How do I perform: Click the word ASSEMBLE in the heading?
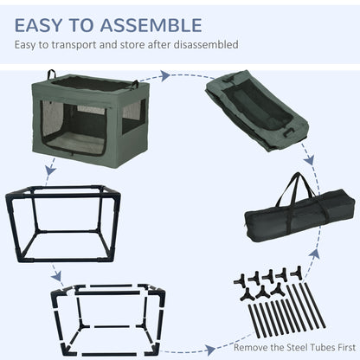tap(151, 25)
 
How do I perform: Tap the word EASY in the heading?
tap(38, 25)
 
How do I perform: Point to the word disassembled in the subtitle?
tap(206, 45)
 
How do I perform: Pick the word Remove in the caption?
tap(251, 347)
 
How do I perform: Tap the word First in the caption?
tap(345, 347)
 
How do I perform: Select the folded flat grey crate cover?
tap(257, 111)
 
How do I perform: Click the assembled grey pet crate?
tap(90, 119)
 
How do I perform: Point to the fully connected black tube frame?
tap(63, 224)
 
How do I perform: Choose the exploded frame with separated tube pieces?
tap(108, 320)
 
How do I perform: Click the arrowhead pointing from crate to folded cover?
tap(165, 76)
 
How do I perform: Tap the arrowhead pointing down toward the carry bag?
tap(310, 159)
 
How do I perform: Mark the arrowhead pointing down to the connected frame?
tap(50, 170)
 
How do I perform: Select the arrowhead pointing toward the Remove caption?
tap(209, 350)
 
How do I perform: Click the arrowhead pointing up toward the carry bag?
tap(315, 253)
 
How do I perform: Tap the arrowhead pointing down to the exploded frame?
tap(57, 277)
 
